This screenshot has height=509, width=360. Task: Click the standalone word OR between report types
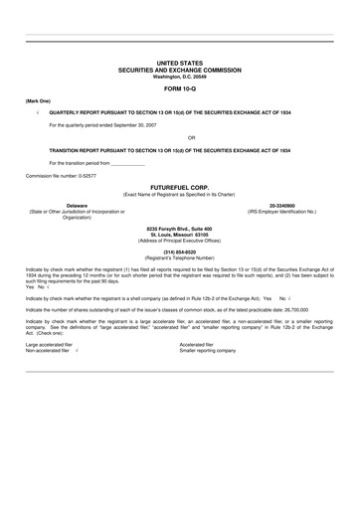(179, 137)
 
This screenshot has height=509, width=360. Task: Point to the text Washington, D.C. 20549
(179, 78)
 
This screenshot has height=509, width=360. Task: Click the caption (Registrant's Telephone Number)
(179, 259)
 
